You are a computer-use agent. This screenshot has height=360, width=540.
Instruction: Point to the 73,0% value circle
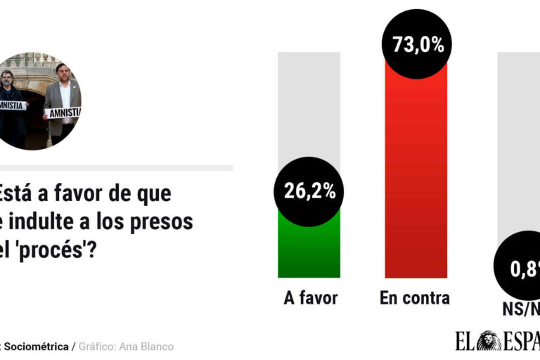tap(417, 46)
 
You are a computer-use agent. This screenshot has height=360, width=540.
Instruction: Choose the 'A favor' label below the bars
tap(310, 298)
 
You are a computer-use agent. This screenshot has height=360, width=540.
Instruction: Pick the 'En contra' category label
tap(415, 298)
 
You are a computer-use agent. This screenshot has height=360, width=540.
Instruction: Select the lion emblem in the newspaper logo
tap(489, 342)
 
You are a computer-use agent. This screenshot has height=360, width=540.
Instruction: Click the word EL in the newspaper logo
tap(465, 342)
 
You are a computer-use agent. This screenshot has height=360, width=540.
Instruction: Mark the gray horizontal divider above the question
tap(116, 168)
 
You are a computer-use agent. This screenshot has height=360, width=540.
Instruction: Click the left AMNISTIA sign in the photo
tap(11, 105)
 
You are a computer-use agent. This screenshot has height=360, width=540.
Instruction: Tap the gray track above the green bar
tap(309, 105)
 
